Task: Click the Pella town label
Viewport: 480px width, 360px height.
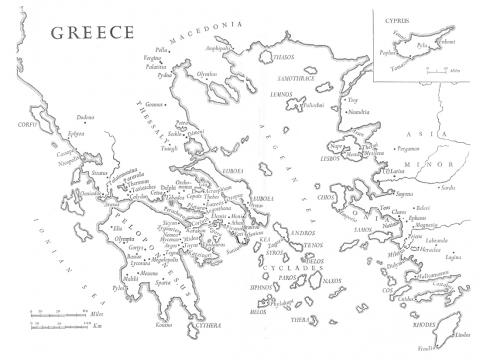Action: [x=162, y=48]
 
